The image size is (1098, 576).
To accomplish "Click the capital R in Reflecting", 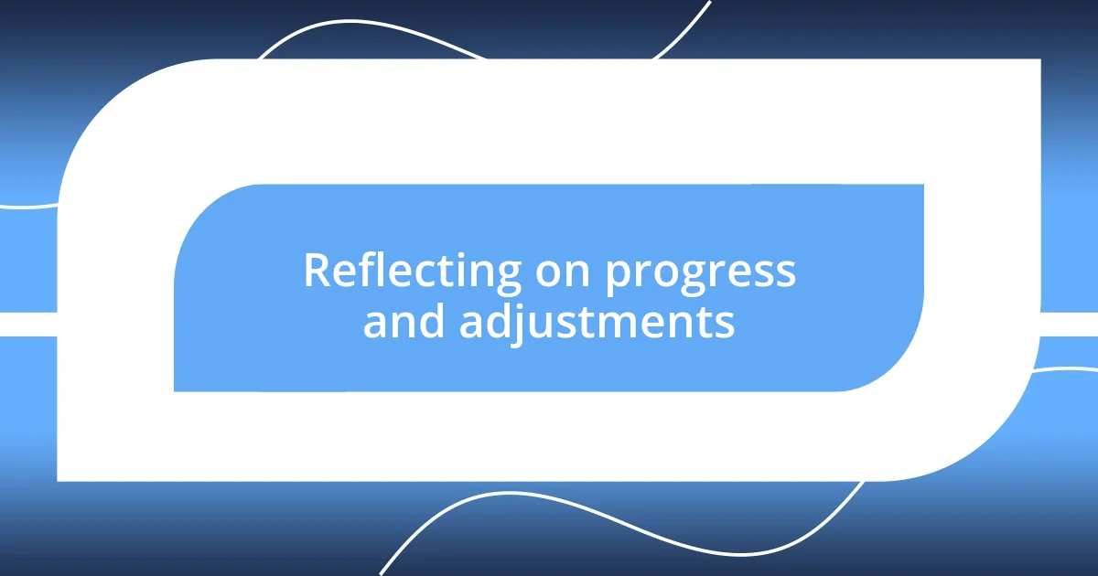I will (x=316, y=272).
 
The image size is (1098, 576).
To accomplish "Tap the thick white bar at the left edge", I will (x=27, y=324).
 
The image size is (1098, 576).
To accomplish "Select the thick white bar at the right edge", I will (x=1071, y=324).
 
